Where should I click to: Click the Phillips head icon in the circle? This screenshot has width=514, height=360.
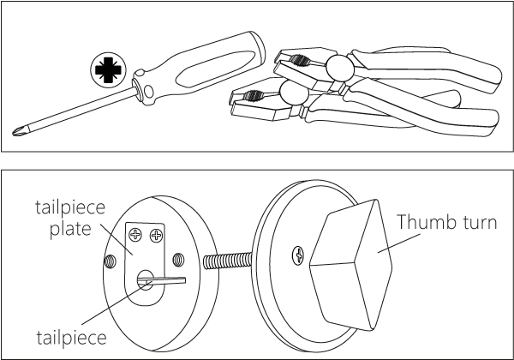click(108, 69)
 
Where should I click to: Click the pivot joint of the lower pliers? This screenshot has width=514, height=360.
click(294, 93)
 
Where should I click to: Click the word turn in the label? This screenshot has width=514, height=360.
click(480, 222)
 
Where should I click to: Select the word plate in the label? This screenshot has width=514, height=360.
click(70, 228)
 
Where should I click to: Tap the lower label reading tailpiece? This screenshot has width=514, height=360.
click(71, 337)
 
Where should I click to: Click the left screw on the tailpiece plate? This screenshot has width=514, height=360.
click(135, 234)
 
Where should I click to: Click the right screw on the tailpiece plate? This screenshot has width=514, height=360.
click(156, 235)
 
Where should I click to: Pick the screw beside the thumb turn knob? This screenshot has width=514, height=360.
click(298, 255)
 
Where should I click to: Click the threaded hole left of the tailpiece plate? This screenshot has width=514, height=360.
click(110, 261)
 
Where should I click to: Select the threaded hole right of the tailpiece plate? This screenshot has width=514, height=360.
click(178, 260)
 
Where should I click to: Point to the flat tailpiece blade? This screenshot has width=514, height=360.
click(162, 280)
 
